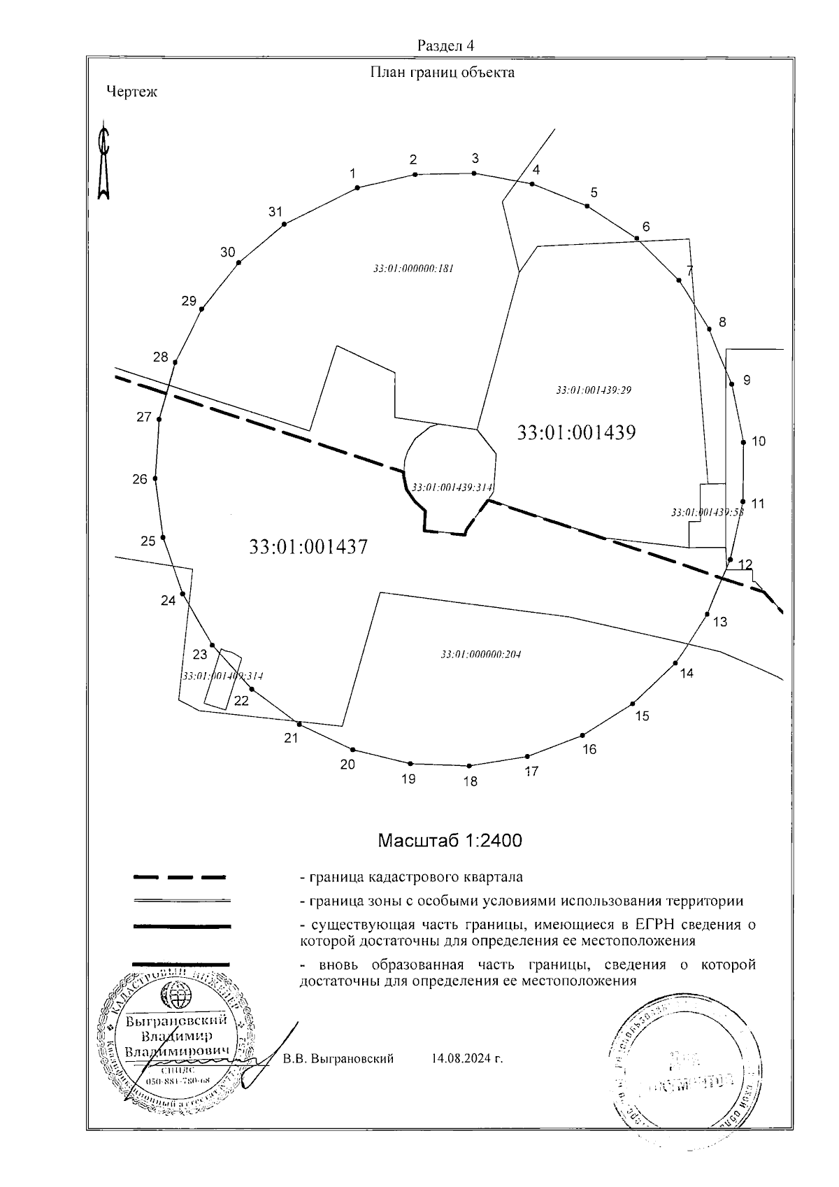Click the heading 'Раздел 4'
click(445, 46)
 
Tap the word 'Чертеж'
click(132, 92)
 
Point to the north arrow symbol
click(103, 162)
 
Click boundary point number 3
click(475, 158)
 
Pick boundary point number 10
click(759, 441)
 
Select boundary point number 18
click(471, 781)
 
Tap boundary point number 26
click(141, 479)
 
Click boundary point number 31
click(275, 212)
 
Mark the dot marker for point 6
click(638, 239)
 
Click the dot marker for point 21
click(299, 723)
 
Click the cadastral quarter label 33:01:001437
click(308, 546)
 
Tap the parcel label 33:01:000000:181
click(414, 269)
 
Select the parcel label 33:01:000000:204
click(481, 655)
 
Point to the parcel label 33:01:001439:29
click(594, 390)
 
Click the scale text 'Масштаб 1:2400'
click(450, 840)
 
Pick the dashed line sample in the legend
click(180, 876)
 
